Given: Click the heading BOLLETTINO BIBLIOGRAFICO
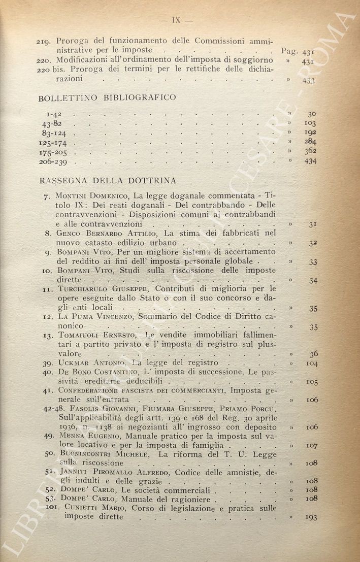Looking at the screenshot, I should pos(107,97).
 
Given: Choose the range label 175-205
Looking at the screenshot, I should pos(56,152).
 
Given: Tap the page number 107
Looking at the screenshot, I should pos(312,445).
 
